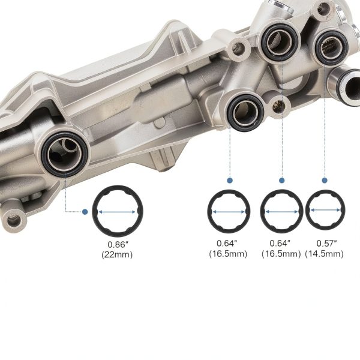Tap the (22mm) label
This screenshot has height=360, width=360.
coord(117,254)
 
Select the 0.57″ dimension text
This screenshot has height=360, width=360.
coord(326,243)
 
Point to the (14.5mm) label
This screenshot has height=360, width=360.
coord(324,254)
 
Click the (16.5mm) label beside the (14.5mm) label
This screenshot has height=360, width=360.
coord(281,254)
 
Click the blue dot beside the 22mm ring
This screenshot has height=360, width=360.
coord(85,212)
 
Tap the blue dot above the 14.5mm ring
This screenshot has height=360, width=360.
coord(325,181)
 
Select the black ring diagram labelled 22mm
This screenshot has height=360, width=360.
coord(118,187)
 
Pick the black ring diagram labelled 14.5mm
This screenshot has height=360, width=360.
coord(325,192)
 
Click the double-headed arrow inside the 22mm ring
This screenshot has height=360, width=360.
coord(117,212)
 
